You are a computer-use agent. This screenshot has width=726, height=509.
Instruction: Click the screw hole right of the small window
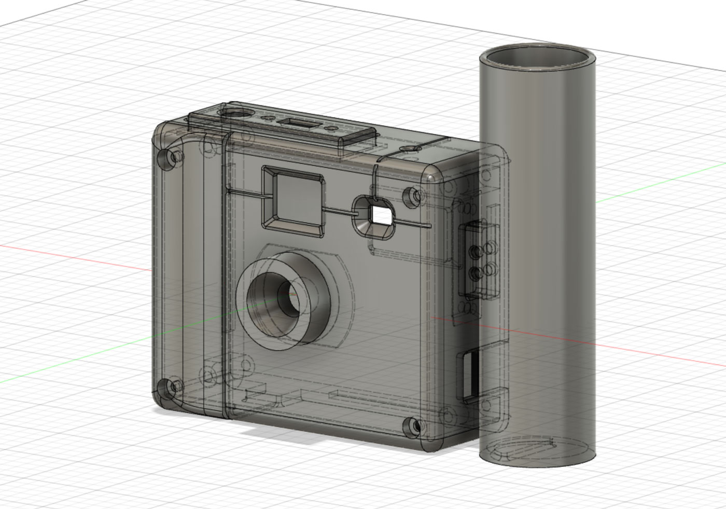coord(413,195)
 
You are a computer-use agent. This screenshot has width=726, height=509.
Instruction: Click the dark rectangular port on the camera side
coord(468,376)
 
